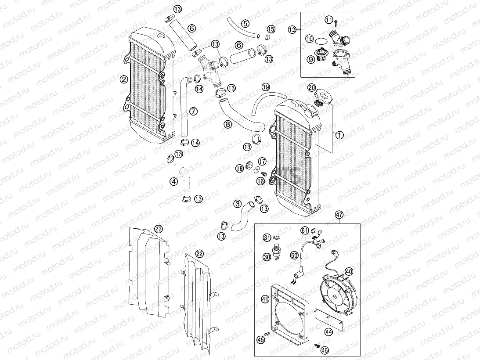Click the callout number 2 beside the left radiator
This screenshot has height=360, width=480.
124,79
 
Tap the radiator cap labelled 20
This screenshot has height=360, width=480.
322,98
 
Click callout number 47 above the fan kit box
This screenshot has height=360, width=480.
339,215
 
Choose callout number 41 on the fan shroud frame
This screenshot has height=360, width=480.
265,299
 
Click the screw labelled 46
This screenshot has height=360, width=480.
316,346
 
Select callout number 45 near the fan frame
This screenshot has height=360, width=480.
261,339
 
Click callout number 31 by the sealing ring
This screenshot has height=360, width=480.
267,238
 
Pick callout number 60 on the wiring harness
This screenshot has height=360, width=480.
294,255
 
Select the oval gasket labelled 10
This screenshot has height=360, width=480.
321,40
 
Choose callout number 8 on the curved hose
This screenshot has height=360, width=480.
227,124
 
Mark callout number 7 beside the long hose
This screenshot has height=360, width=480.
194,111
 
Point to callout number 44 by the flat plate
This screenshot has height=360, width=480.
328,332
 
